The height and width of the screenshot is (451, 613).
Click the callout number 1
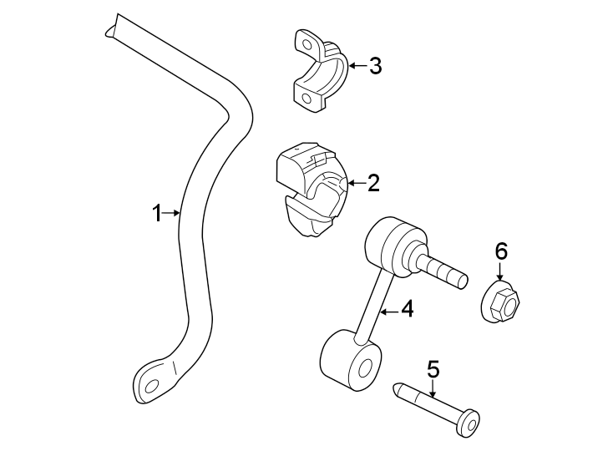(155, 214)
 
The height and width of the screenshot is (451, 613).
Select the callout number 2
(373, 182)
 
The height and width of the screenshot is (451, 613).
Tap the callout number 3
(375, 66)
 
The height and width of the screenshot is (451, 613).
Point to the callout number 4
(407, 310)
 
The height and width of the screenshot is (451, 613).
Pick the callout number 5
(432, 368)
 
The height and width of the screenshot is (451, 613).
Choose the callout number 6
(500, 251)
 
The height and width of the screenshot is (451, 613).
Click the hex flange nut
(501, 301)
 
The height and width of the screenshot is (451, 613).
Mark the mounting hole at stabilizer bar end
(151, 386)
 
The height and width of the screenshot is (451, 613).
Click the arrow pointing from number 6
(500, 271)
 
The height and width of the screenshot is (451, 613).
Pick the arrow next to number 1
(172, 214)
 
